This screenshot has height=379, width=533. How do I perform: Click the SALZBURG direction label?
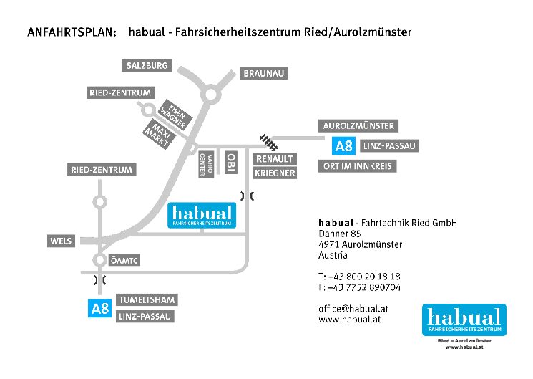tap(147, 66)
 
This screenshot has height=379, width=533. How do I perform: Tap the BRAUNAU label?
tap(265, 74)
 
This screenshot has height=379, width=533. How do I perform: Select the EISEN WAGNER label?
tap(174, 113)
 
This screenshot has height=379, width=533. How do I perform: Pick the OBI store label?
tap(230, 163)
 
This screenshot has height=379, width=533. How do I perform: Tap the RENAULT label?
tap(275, 159)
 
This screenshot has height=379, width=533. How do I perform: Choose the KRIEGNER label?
tap(275, 173)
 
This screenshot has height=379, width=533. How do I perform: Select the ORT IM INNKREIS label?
tap(356, 167)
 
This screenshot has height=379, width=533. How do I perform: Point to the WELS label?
tap(62, 241)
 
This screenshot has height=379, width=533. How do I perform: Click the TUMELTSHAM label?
tap(145, 299)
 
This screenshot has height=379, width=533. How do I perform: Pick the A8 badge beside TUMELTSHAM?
tap(99, 310)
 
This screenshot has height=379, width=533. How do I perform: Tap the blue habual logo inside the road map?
tap(200, 216)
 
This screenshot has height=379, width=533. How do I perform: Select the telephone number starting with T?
tap(359, 277)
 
